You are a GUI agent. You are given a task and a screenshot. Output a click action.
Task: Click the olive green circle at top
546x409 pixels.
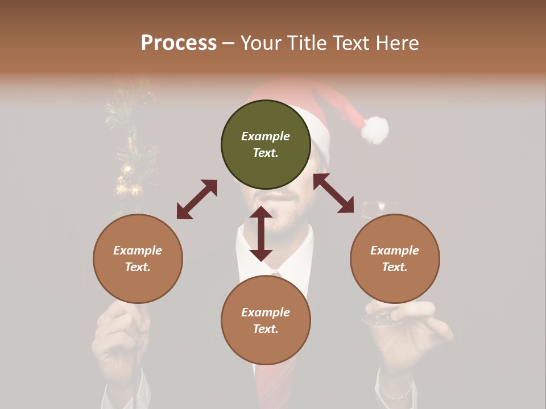[266, 145]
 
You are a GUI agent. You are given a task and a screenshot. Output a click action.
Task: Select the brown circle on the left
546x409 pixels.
[138, 258]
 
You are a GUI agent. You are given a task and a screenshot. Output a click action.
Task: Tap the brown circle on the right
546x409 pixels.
[395, 258]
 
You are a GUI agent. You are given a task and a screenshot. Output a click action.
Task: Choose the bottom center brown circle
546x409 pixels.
[266, 320]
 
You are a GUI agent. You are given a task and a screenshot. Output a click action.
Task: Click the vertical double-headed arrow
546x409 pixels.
[261, 233]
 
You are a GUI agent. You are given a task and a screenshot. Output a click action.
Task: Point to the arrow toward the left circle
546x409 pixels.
[197, 199]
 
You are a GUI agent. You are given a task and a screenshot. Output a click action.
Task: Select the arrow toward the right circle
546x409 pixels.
[333, 193]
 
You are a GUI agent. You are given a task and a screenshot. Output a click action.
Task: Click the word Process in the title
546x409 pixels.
[179, 43]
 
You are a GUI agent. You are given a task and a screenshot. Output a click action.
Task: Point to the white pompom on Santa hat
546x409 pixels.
[375, 130]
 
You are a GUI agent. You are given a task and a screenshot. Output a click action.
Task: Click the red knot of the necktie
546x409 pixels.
[276, 275]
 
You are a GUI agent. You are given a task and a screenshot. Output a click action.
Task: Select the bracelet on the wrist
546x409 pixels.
[396, 392]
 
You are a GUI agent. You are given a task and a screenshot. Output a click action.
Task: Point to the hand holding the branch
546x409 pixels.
[121, 341]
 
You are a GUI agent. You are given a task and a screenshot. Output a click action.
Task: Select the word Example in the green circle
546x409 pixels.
[266, 136]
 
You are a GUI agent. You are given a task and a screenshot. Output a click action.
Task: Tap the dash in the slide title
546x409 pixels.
[228, 43]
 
